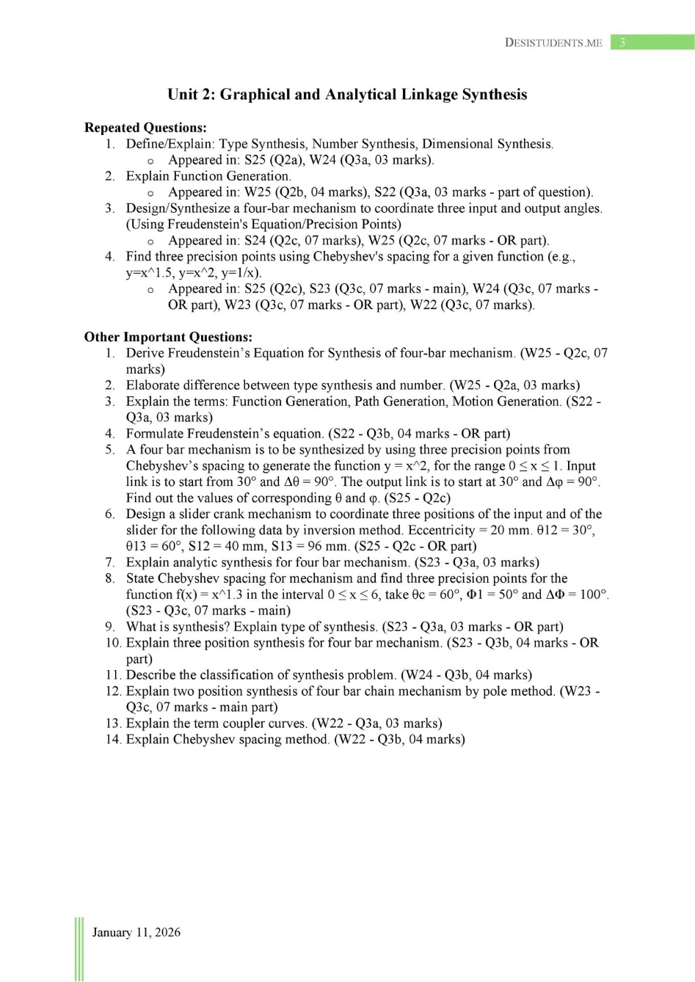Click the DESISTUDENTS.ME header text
[x=553, y=43]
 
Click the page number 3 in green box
[x=622, y=43]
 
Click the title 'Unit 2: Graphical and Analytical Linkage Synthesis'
[x=347, y=95]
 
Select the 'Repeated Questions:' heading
[x=145, y=128]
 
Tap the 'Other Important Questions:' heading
[x=168, y=337]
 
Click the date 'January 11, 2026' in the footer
[x=137, y=932]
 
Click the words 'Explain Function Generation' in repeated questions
[x=208, y=176]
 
